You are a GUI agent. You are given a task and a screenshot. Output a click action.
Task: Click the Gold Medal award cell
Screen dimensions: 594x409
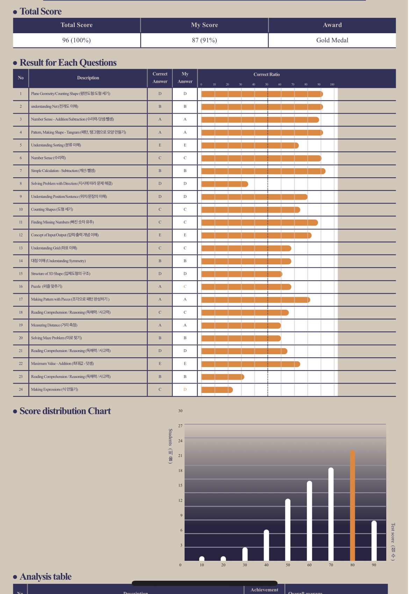[x=332, y=40]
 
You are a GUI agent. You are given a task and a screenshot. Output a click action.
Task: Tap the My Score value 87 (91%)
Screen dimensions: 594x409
[x=204, y=40]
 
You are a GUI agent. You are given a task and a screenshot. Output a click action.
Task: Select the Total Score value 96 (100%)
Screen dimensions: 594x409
[x=77, y=40]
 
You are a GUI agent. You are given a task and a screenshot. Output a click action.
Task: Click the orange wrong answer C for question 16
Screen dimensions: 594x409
[x=185, y=287]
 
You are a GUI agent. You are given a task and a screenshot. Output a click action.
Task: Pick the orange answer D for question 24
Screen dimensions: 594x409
[x=185, y=389]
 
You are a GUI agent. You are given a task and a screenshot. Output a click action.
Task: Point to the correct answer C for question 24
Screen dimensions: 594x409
[x=160, y=389]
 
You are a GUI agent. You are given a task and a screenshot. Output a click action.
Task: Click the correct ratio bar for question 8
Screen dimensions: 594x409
[x=225, y=184]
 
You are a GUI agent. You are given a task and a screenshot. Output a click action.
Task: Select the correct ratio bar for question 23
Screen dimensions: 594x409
[x=223, y=377]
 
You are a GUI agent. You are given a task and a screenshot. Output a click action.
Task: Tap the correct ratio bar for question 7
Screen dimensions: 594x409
[x=263, y=171]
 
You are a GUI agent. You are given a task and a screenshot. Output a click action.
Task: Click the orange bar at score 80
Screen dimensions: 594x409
[x=352, y=505]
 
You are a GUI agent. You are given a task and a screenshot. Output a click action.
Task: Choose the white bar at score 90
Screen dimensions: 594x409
[x=374, y=541]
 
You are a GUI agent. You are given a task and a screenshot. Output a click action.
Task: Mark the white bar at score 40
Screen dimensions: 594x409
[x=266, y=545]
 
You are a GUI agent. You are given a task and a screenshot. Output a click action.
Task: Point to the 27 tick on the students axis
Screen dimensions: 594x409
[x=180, y=426]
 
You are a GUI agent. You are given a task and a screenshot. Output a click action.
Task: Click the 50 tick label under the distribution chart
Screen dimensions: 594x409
[x=288, y=565]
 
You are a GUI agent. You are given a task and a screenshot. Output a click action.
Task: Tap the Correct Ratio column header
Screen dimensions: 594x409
[x=267, y=74]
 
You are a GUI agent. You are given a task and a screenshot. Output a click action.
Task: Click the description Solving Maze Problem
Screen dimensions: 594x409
[x=56, y=338]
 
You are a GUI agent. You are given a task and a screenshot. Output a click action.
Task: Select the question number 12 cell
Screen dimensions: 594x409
[x=21, y=235]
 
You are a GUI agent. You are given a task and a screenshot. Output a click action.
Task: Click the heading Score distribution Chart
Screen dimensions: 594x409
[x=65, y=411]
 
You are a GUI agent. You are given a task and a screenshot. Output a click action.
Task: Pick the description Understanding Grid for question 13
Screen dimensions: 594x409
[x=54, y=248]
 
